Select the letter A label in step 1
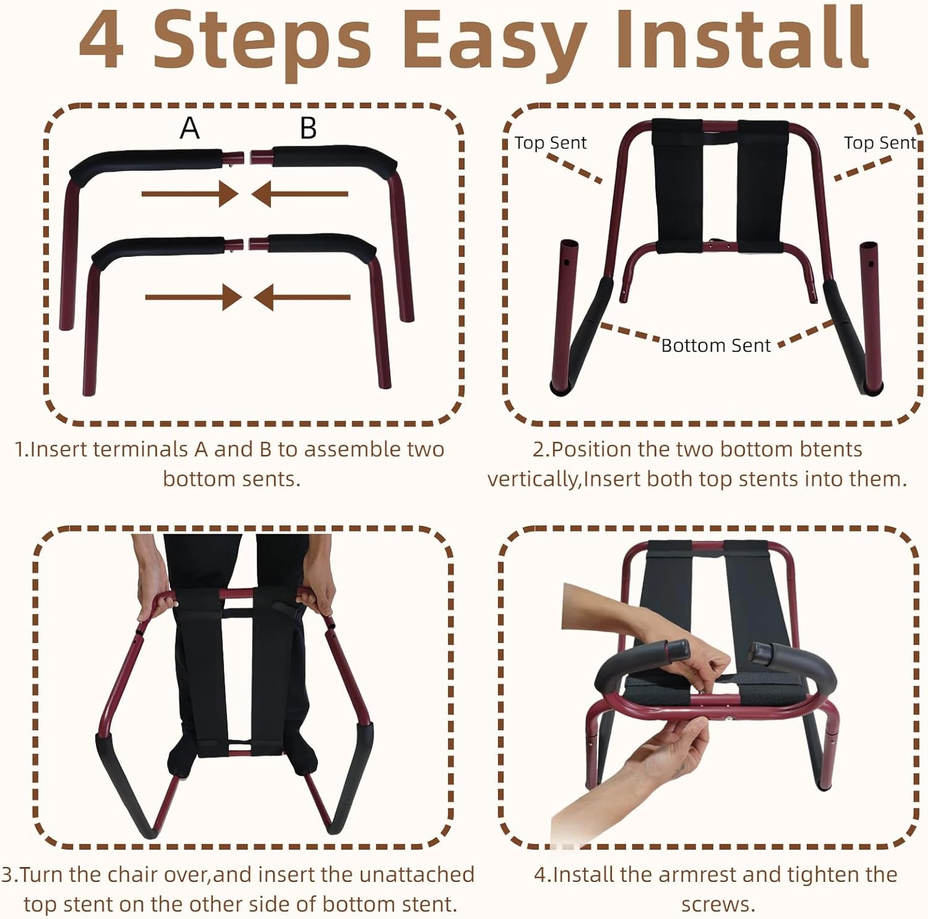click(190, 128)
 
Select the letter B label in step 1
click(308, 128)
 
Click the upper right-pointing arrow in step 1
click(189, 194)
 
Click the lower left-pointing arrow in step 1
click(302, 298)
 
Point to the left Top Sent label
click(550, 143)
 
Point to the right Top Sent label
click(879, 143)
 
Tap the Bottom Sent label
click(716, 345)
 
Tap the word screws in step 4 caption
click(718, 904)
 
